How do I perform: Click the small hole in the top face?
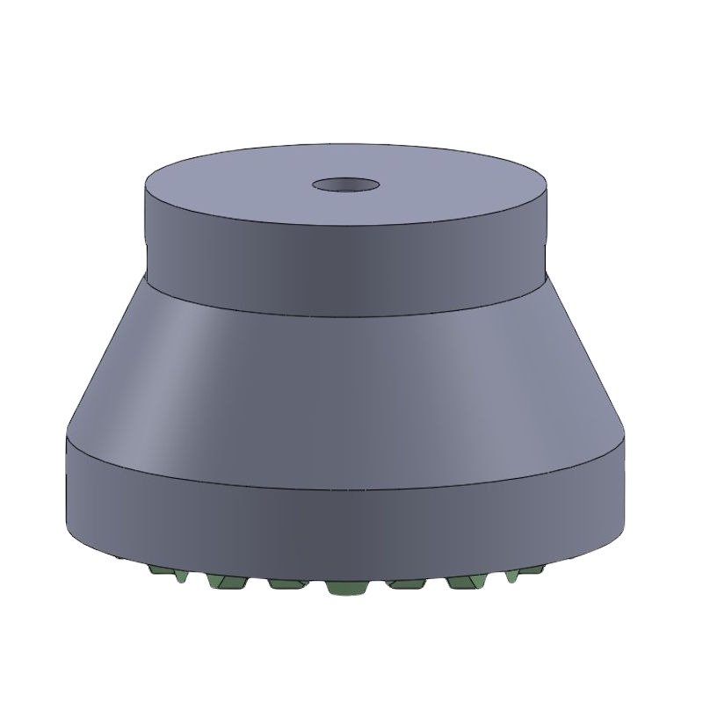tap(346, 185)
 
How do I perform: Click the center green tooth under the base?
tap(344, 587)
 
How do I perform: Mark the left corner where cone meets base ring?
tap(68, 435)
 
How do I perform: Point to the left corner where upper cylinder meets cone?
tap(145, 272)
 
